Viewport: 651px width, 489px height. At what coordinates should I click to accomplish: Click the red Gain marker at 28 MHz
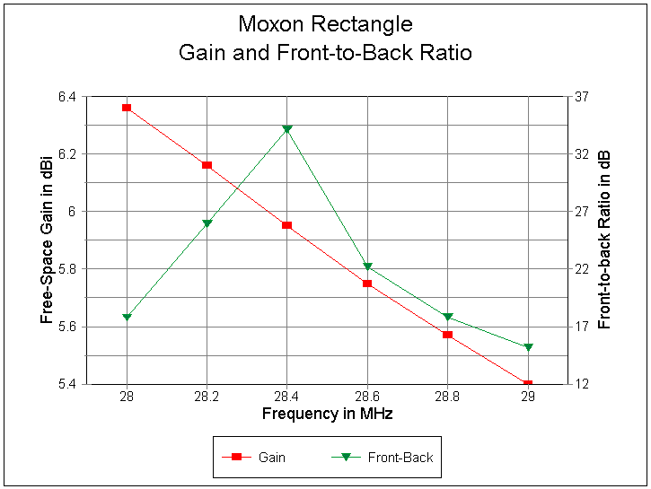pos(127,108)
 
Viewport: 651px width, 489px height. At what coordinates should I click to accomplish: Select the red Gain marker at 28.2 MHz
pos(207,165)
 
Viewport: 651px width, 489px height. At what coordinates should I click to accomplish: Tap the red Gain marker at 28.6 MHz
pos(367,284)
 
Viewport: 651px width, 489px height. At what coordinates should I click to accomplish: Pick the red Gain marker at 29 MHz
pos(528,384)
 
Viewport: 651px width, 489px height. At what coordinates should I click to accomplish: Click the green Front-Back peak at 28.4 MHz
pos(287,129)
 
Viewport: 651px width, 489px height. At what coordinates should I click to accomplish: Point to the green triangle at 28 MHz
pos(127,318)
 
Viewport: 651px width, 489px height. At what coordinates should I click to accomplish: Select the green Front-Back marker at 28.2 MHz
pos(207,223)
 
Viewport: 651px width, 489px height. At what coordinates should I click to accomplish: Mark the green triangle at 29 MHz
pos(528,347)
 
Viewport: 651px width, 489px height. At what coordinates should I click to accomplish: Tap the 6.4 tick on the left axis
pos(66,96)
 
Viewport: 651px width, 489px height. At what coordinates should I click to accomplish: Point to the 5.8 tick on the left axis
pos(66,269)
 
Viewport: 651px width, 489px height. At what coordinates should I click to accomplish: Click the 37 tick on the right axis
pos(581,96)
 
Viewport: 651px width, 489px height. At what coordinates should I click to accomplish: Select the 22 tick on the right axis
pos(581,269)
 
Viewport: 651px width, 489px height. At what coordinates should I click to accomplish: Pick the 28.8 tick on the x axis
pos(447,397)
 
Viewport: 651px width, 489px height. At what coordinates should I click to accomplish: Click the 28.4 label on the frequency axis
pos(287,397)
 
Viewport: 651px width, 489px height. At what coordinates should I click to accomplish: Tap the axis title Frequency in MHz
pos(327,414)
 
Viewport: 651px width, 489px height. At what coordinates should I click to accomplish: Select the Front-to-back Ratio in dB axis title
pos(603,240)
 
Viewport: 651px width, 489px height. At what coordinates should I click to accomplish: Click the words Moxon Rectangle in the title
pos(325,23)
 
